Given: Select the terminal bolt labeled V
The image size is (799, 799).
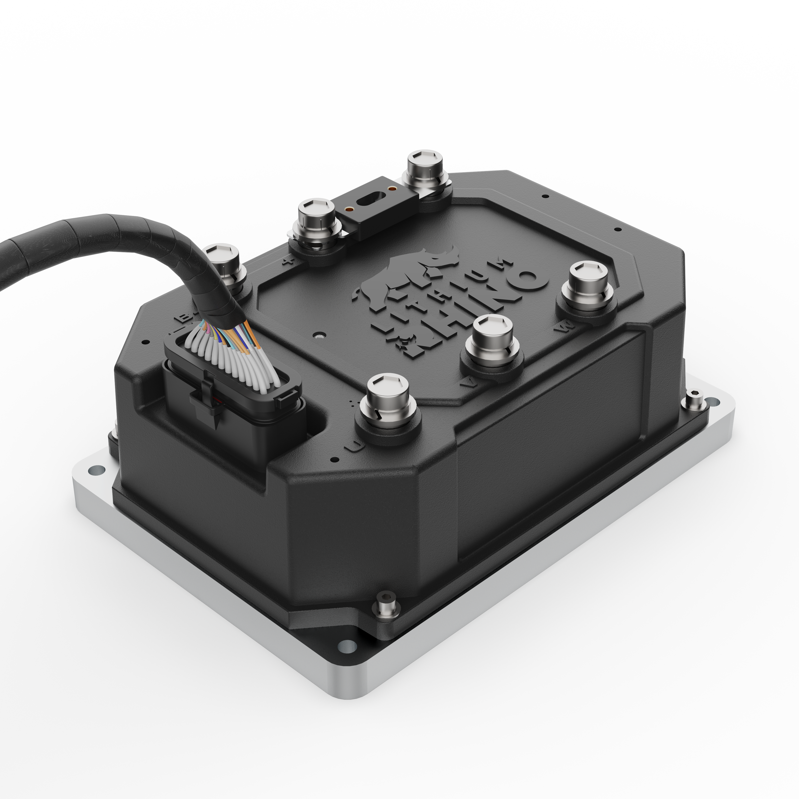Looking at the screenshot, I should click(x=492, y=339).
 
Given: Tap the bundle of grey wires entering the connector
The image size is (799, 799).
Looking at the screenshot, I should click(x=232, y=356).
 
